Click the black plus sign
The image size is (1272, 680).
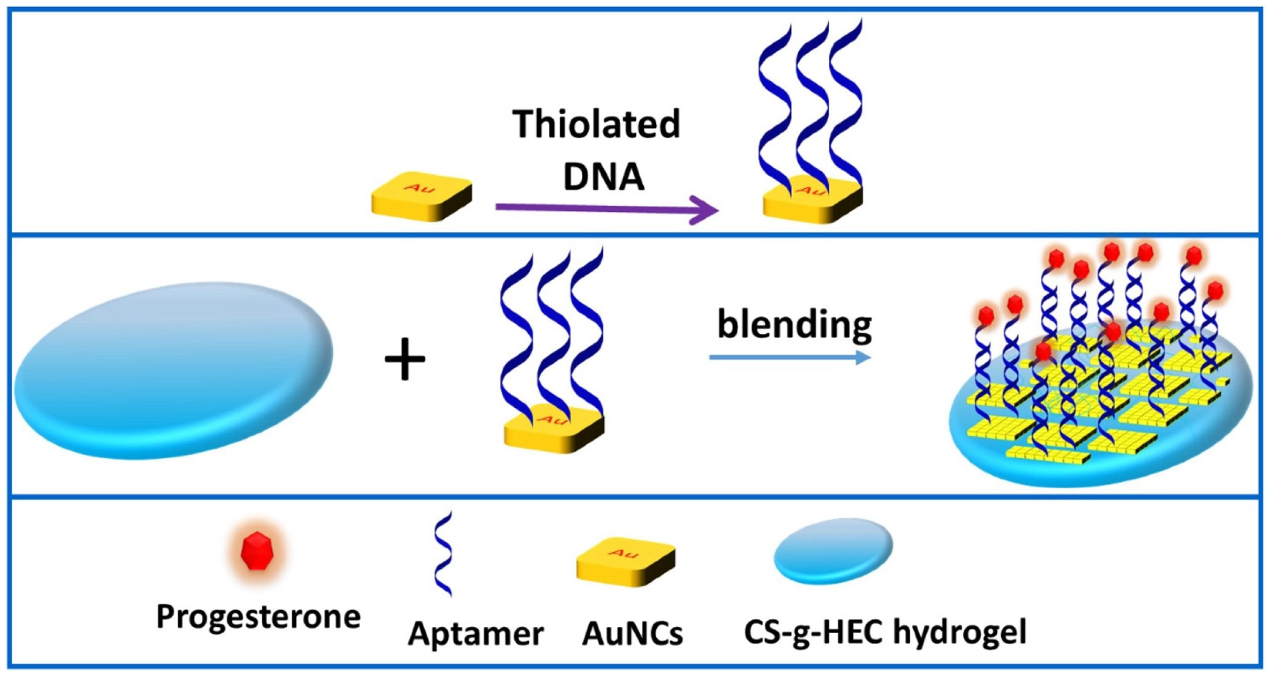pos(405,359)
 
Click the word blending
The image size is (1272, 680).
pos(794,325)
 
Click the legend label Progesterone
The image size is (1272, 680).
pos(258,617)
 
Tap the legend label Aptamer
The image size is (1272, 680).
pos(475,633)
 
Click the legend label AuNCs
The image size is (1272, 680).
pos(632,633)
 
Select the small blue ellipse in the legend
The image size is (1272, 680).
pos(833,551)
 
